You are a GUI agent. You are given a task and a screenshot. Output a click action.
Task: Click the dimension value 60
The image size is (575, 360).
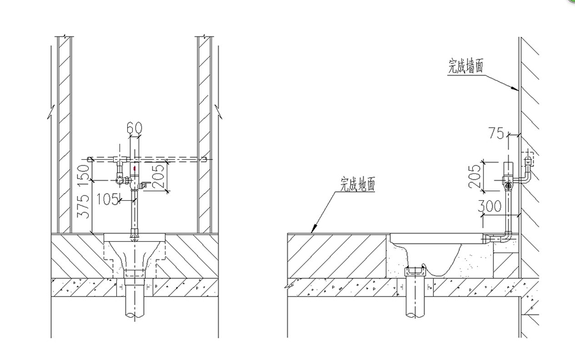(x=134, y=128)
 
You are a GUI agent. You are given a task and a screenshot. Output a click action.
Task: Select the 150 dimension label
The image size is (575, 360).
(x=84, y=172)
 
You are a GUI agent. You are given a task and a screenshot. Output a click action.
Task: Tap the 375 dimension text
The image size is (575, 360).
(x=84, y=207)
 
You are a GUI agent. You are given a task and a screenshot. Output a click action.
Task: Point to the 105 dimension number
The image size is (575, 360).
(x=107, y=200)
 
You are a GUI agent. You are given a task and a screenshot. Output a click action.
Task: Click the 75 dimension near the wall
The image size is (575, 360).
(x=496, y=133)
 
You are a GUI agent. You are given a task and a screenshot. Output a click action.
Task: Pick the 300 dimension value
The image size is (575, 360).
(x=489, y=207)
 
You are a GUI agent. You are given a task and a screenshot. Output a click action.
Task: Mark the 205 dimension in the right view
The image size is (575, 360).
(x=474, y=176)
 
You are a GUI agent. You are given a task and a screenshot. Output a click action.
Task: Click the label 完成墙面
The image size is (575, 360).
(x=466, y=67)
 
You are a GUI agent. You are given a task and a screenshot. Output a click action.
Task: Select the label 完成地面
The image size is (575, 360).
(x=358, y=184)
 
